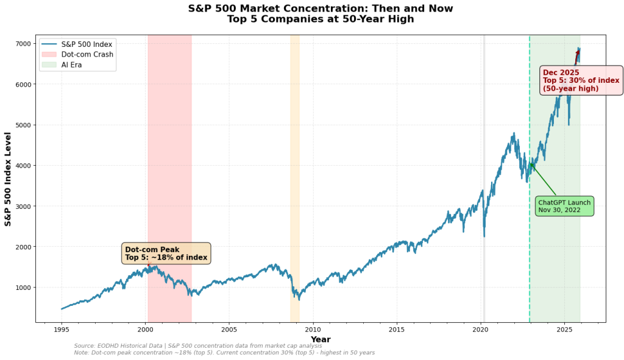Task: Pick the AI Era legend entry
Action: tap(71, 65)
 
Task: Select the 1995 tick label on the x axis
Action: tap(62, 330)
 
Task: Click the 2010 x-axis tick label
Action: tap(313, 330)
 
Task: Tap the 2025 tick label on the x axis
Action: tap(564, 330)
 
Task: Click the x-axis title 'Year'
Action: tap(321, 339)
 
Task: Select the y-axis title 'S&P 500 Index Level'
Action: tap(9, 179)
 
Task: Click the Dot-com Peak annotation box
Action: tap(166, 253)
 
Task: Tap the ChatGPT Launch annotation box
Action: tap(564, 206)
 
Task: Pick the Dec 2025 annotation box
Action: tap(581, 80)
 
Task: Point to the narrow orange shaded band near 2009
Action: tap(295, 183)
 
